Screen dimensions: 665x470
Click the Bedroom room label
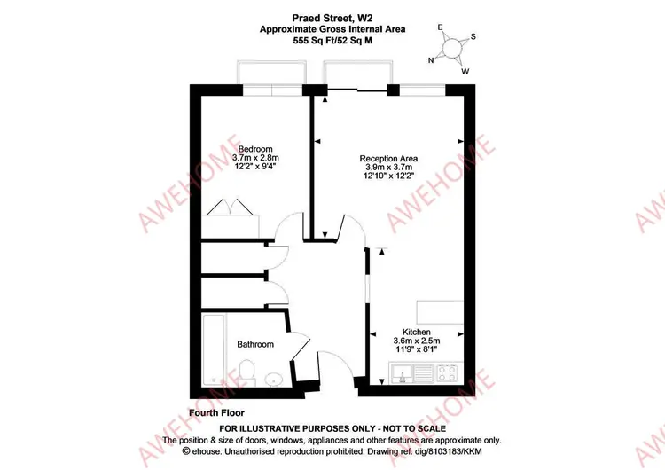pyautogui.click(x=255, y=149)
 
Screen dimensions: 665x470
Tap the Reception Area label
pyautogui.click(x=388, y=158)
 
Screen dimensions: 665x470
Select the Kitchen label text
pyautogui.click(x=417, y=332)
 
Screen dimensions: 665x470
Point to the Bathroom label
pyautogui.click(x=255, y=344)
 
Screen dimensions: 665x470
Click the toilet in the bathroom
pyautogui.click(x=246, y=372)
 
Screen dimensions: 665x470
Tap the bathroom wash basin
pyautogui.click(x=275, y=379)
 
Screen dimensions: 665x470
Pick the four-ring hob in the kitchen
pyautogui.click(x=448, y=373)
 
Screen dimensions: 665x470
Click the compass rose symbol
pyautogui.click(x=452, y=48)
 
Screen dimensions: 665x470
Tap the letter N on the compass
pyautogui.click(x=431, y=60)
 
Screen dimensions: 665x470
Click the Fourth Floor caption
pyautogui.click(x=216, y=412)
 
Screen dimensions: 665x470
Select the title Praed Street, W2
pyautogui.click(x=332, y=18)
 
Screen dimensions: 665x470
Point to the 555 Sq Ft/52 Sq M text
pyautogui.click(x=332, y=41)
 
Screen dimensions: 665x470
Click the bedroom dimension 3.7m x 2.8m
pyautogui.click(x=255, y=158)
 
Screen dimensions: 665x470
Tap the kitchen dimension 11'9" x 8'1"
pyautogui.click(x=417, y=349)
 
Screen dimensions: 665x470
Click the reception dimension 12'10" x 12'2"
pyautogui.click(x=388, y=176)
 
